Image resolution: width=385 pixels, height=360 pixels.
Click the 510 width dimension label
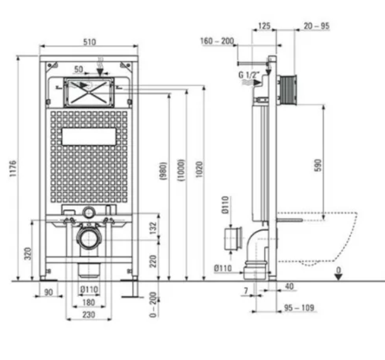(x=89, y=42)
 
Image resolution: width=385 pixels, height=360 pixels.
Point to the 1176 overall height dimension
(x=13, y=168)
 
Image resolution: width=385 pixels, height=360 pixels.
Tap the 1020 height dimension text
(x=199, y=169)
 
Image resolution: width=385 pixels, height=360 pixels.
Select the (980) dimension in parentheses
(x=164, y=171)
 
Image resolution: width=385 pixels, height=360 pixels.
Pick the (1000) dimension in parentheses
(x=181, y=170)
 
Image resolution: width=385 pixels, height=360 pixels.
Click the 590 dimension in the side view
(x=318, y=165)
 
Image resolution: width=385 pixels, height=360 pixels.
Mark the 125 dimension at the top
(x=264, y=26)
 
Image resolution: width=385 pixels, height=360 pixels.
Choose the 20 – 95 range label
(x=316, y=26)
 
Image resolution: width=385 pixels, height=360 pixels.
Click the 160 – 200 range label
(x=217, y=41)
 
